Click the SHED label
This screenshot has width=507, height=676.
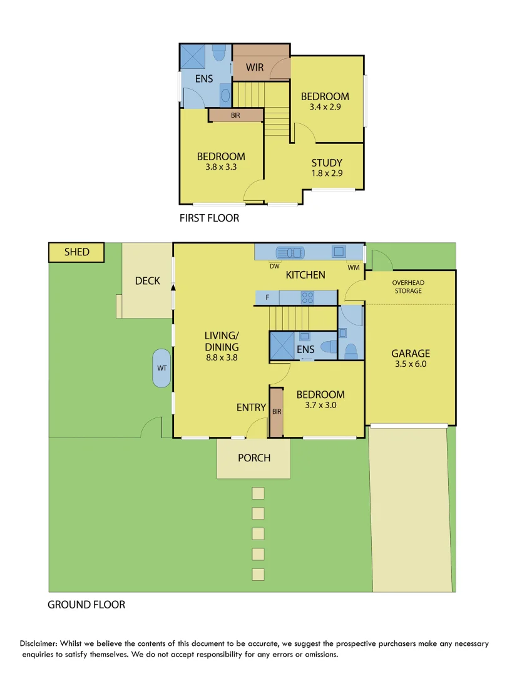76,252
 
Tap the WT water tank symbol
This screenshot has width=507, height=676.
161,368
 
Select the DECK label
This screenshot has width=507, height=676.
148,281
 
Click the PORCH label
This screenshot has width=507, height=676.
254,458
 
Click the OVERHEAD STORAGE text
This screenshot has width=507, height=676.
408,287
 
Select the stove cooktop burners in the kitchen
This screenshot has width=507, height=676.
307,297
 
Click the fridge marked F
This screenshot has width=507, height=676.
267,297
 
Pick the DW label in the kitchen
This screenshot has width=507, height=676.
274,266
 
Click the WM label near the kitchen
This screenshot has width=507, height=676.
354,267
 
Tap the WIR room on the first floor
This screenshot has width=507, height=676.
254,67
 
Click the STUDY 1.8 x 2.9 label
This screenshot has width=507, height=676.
327,168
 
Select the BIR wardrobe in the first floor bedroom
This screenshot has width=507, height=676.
235,115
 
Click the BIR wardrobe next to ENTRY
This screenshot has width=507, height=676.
277,411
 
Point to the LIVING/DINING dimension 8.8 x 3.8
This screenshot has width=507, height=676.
222,358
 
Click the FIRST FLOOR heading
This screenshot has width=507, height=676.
209,218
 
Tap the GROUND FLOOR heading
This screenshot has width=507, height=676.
86,605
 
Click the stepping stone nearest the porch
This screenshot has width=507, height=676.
258,493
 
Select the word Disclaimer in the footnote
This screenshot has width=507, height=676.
41,643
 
